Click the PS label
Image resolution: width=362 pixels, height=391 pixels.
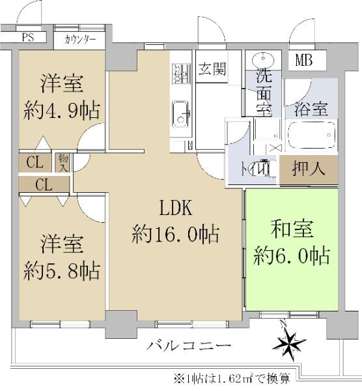coord(28,37)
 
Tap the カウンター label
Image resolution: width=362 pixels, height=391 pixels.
coord(79,40)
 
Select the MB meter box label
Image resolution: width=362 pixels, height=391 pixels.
coord(303,60)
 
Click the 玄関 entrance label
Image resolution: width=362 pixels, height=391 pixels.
coord(212,68)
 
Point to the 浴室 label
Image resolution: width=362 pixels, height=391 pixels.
coord(311,109)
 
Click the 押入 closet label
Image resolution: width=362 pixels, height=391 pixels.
coord(309,168)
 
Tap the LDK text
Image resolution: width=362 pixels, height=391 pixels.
coord(176,209)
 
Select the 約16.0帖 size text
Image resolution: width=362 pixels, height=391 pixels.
coord(176,234)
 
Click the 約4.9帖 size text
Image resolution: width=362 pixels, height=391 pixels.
coord(62,111)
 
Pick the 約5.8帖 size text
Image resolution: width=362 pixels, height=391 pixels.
coord(62,271)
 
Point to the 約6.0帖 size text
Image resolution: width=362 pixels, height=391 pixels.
coord(292,255)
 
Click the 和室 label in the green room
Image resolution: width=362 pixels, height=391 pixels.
coord(292,229)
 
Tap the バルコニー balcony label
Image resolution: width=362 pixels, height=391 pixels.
coord(189,346)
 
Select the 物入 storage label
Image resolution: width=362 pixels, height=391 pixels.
coord(63,162)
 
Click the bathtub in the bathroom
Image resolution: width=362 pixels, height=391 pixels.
coord(311,135)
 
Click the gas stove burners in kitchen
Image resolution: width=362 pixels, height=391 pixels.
coord(182,74)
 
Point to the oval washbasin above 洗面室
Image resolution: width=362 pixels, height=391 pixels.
coord(263,60)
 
